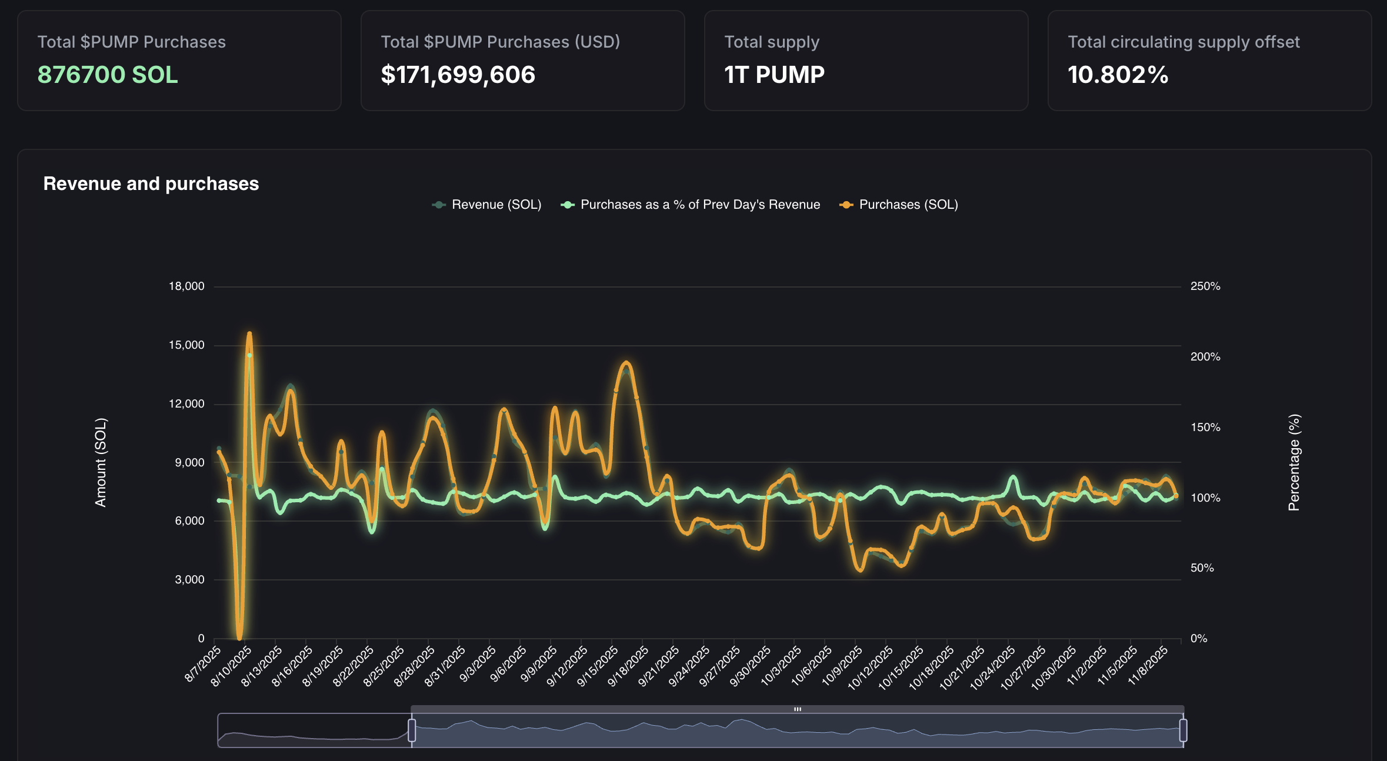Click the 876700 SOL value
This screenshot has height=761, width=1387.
(108, 75)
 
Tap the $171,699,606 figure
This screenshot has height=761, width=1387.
(458, 75)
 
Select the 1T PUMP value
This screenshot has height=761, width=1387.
(774, 75)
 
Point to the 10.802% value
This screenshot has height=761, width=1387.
(1118, 75)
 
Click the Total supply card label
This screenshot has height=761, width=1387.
(771, 42)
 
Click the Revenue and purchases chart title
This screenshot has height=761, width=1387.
(151, 183)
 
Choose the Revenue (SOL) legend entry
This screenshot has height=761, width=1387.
(487, 205)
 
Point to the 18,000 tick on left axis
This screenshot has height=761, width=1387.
(186, 286)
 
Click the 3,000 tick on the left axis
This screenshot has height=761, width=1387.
(189, 580)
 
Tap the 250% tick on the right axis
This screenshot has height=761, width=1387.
(1205, 286)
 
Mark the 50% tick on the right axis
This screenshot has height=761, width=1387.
(1202, 568)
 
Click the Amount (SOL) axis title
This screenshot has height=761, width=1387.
(101, 462)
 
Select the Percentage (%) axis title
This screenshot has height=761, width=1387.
(1293, 462)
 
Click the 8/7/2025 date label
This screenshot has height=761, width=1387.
(203, 664)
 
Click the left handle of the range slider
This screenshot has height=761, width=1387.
(412, 730)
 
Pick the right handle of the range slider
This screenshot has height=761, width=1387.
(1183, 730)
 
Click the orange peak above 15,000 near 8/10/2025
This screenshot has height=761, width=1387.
(249, 334)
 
